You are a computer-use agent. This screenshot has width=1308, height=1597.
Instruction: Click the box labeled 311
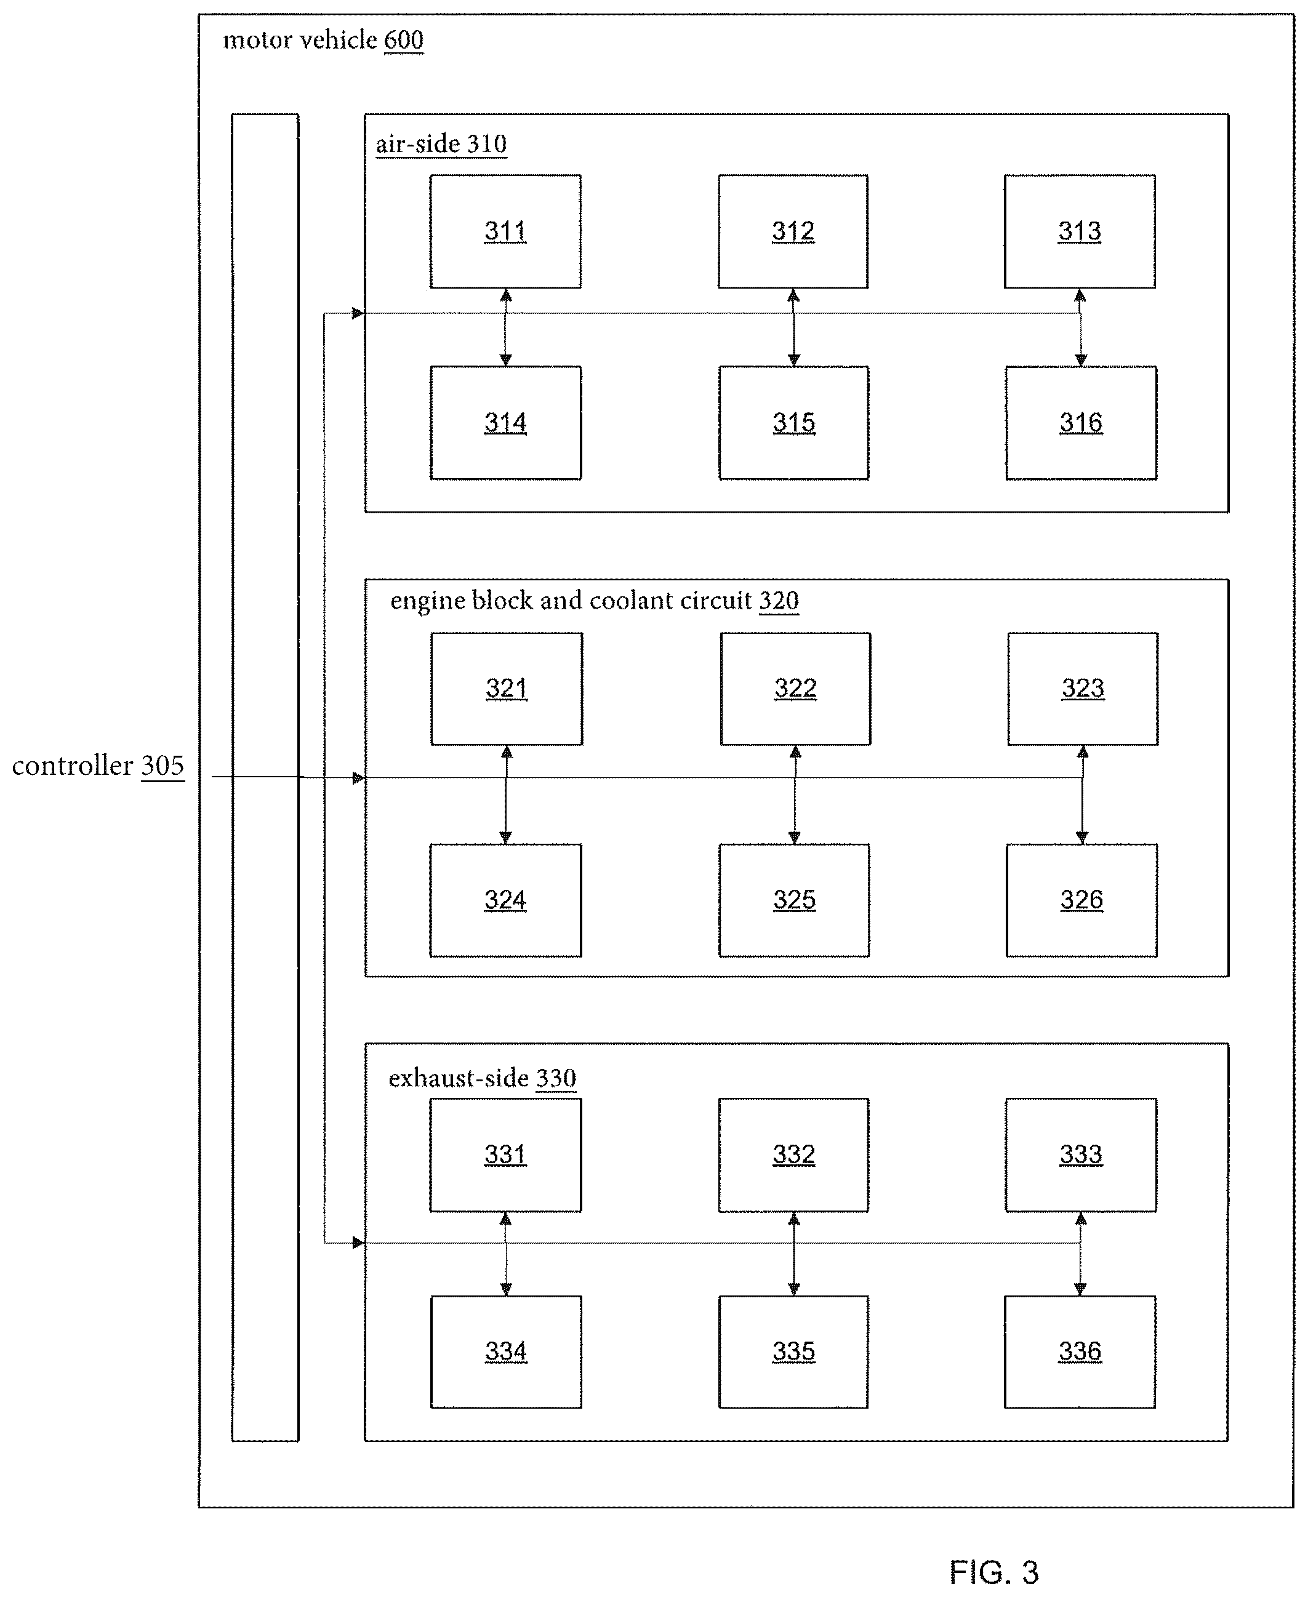point(505,231)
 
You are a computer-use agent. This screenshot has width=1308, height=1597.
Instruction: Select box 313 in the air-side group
point(1079,231)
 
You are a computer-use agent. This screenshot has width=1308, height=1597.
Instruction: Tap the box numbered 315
point(793,423)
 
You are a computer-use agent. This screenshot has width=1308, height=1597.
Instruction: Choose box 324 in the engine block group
point(505,900)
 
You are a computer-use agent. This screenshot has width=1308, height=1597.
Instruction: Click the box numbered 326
point(1081,900)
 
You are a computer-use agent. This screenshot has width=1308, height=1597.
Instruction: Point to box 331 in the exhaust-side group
point(505,1155)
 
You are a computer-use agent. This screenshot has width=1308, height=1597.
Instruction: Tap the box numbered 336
point(1079,1351)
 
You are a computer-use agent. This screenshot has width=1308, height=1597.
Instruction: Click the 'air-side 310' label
point(441,144)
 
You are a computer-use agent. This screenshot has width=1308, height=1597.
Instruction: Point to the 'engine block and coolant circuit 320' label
point(595,601)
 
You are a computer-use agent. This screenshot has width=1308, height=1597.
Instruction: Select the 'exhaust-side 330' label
point(482,1078)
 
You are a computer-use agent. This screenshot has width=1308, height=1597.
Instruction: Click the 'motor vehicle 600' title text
point(323,40)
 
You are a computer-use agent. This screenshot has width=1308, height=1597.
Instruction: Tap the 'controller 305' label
point(98,766)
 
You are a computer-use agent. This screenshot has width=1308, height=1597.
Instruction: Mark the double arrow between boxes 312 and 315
point(793,327)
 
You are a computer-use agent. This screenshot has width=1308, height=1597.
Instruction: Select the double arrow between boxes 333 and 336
point(1080,1254)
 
